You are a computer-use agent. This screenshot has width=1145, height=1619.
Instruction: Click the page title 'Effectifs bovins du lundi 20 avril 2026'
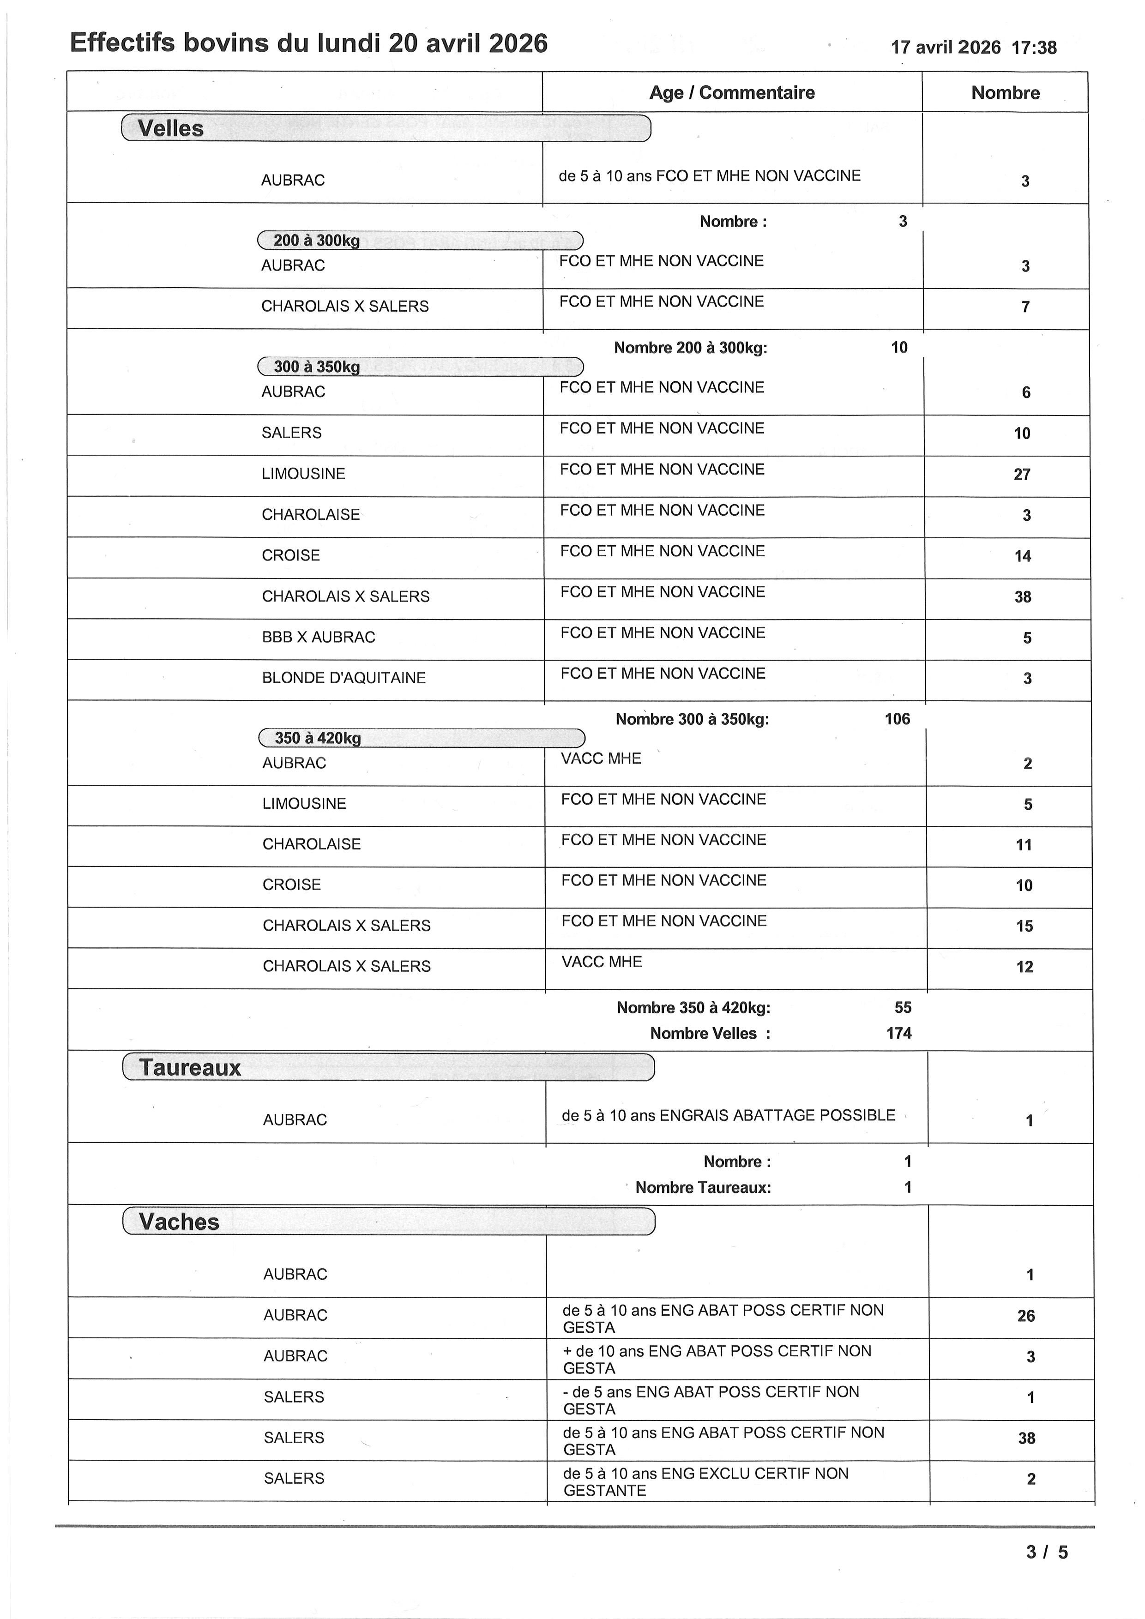coord(309,44)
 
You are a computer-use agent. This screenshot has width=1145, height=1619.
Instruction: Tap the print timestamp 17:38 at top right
coord(1034,48)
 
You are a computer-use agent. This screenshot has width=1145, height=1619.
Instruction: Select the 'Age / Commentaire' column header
coord(732,92)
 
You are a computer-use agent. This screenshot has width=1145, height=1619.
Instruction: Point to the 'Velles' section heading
coord(171,128)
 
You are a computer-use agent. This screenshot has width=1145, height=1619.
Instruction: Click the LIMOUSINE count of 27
coord(1022,475)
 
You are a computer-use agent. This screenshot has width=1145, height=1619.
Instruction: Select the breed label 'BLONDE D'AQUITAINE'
coord(344,678)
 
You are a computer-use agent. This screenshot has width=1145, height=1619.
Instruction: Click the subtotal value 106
coord(897,719)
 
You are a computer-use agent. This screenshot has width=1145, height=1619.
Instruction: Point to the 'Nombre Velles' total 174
coord(899,1034)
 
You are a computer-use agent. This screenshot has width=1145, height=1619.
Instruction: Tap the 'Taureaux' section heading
coord(190,1068)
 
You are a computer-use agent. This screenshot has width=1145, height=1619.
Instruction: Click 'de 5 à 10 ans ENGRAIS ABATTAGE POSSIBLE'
coord(728,1115)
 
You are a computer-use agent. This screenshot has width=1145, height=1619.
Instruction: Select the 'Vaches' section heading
coord(179,1222)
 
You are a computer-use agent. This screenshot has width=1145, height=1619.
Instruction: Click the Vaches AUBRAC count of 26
coord(1026,1316)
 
